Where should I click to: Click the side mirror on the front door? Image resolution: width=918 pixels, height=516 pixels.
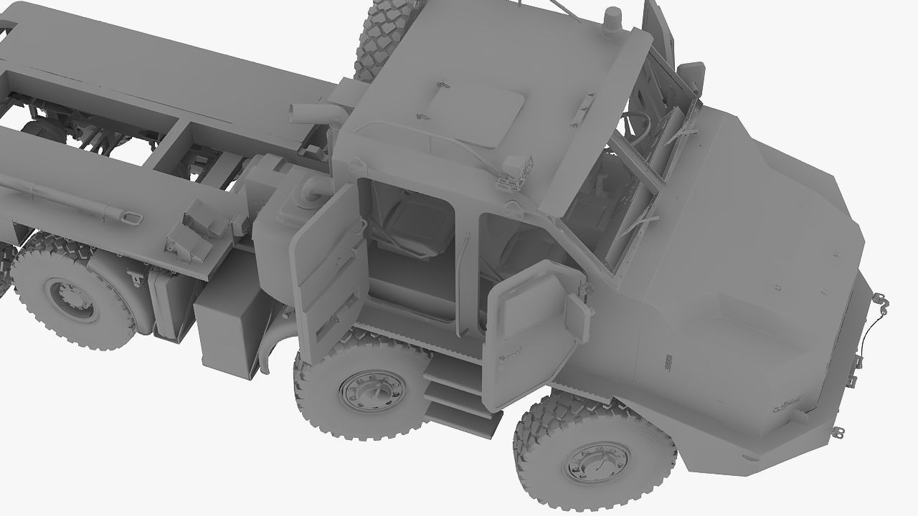click(577, 315)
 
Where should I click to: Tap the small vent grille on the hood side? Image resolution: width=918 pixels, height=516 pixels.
click(669, 362)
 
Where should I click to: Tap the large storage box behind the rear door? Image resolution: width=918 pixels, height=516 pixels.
click(228, 322)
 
